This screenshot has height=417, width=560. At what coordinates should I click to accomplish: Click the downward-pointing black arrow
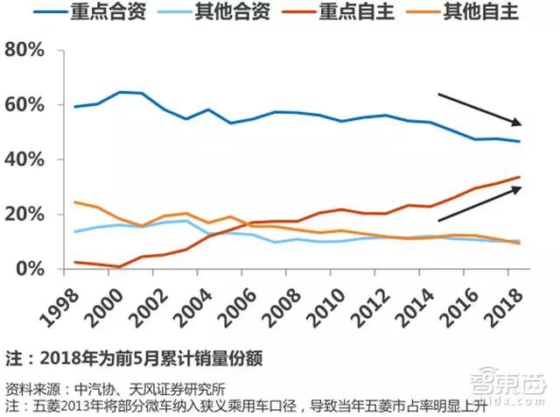(480, 109)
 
